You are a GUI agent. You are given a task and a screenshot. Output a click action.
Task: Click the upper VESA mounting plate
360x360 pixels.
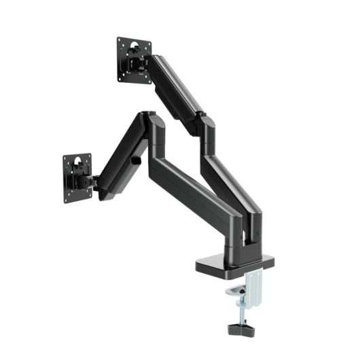click(x=134, y=60)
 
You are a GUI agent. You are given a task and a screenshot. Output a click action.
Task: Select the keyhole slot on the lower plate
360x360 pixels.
click(x=79, y=164)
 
